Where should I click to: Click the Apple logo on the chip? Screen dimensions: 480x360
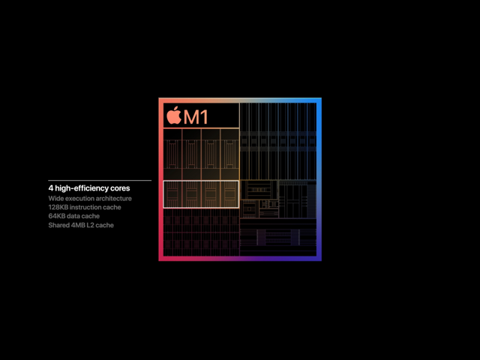pyautogui.click(x=174, y=115)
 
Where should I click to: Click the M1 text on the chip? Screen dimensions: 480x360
pyautogui.click(x=196, y=117)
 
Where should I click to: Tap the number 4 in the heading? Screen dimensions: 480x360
pyautogui.click(x=51, y=188)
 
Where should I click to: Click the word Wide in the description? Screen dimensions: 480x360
pyautogui.click(x=55, y=198)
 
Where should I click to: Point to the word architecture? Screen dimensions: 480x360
pyautogui.click(x=114, y=198)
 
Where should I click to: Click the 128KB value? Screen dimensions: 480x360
pyautogui.click(x=58, y=207)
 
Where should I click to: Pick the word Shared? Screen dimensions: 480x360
pyautogui.click(x=58, y=225)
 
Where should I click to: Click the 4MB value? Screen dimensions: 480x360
pyautogui.click(x=78, y=225)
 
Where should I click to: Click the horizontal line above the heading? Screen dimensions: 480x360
pyautogui.click(x=100, y=180)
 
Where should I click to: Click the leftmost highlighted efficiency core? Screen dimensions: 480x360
pyautogui.click(x=172, y=194)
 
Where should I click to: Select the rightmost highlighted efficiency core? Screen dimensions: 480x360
pyautogui.click(x=229, y=194)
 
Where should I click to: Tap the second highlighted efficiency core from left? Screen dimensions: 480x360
pyautogui.click(x=192, y=194)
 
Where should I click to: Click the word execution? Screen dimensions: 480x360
pyautogui.click(x=79, y=198)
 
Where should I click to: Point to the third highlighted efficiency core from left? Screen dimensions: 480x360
pyautogui.click(x=211, y=194)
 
